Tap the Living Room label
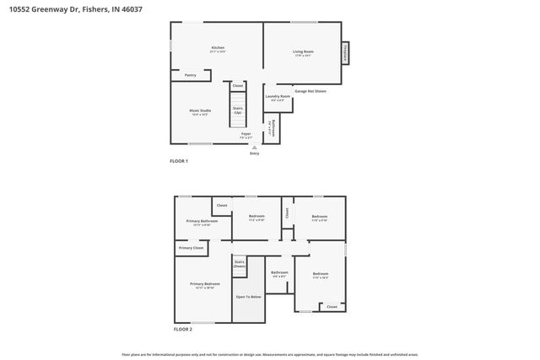(x=303, y=52)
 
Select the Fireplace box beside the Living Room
(x=344, y=52)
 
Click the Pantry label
(x=191, y=75)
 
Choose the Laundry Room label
(x=278, y=97)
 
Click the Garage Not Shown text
(x=310, y=89)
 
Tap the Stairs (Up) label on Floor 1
(x=238, y=110)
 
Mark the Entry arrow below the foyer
(x=255, y=149)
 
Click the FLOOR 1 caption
(x=180, y=160)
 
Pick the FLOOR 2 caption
(x=183, y=329)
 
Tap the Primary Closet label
(x=192, y=248)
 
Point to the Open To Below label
(x=248, y=296)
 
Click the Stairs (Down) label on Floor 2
(x=240, y=264)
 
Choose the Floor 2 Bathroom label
(x=279, y=273)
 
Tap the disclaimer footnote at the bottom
(x=270, y=354)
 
